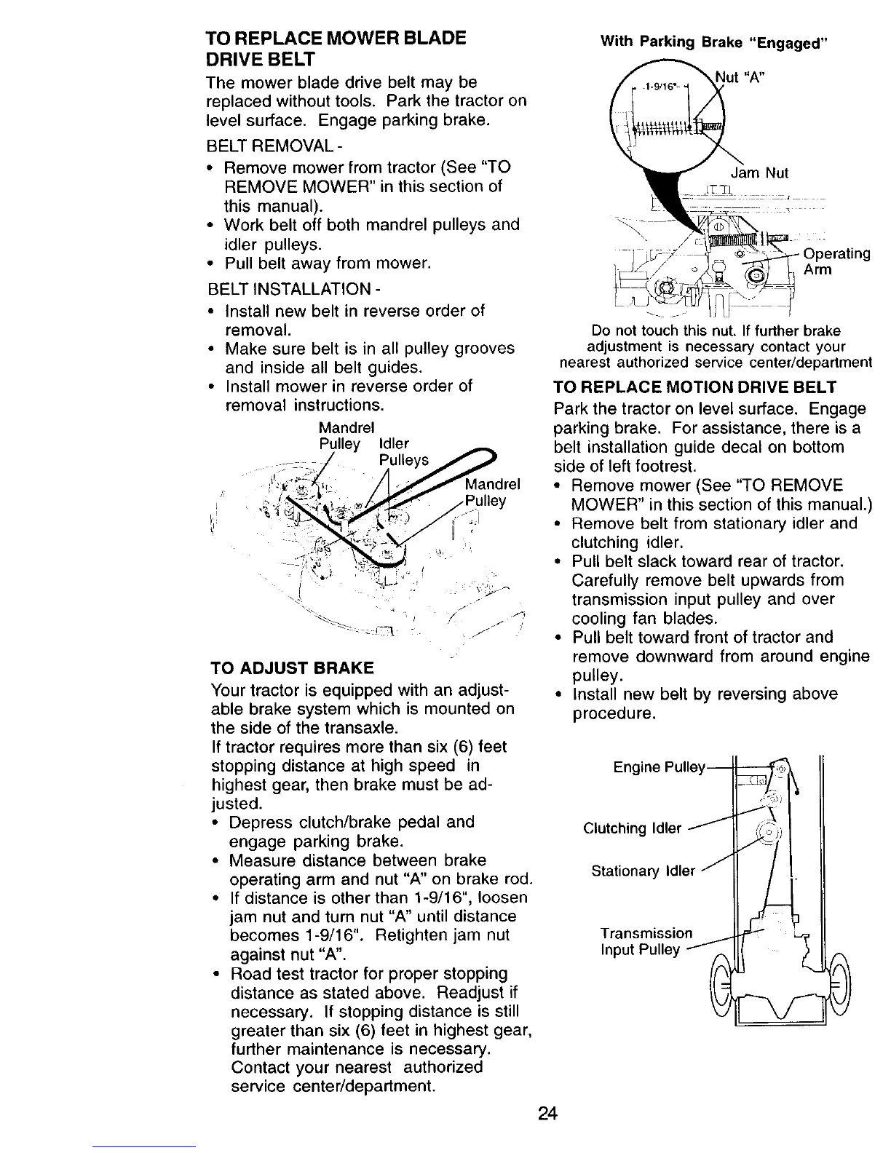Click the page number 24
pos(547,1114)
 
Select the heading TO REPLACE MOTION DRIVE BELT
pos(695,387)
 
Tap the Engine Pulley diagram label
pos(659,768)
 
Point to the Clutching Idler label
pos(633,828)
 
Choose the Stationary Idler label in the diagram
pos(643,871)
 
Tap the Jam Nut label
pos(759,173)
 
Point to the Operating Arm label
pos(836,262)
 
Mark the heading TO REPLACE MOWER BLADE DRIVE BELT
pos(336,47)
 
